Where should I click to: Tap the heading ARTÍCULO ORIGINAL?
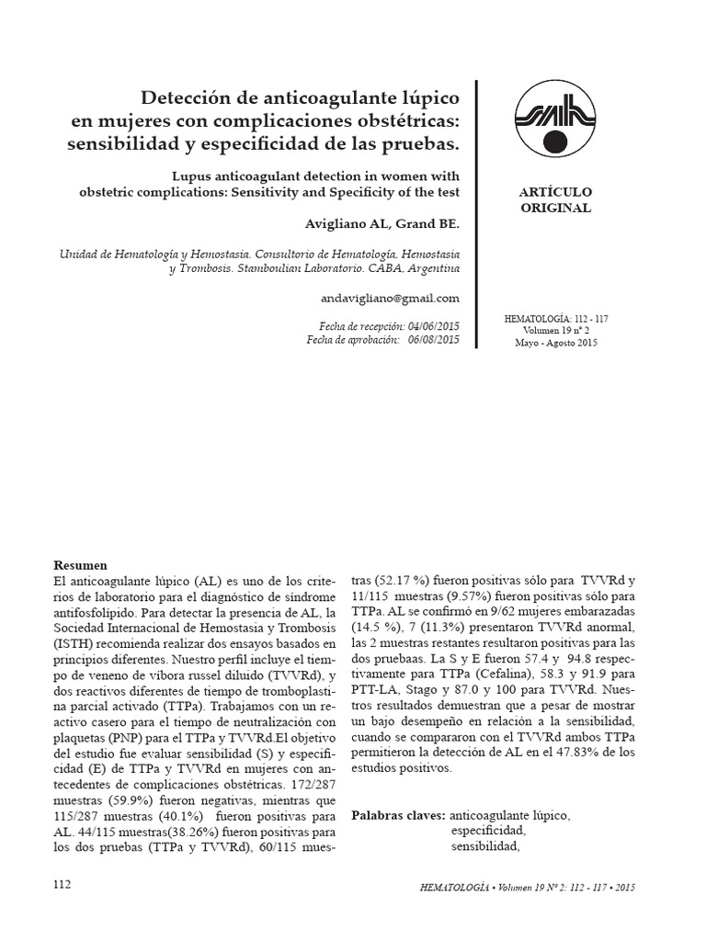[554, 200]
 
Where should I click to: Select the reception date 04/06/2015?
[431, 326]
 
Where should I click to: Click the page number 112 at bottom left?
[62, 884]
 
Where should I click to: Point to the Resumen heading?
[81, 566]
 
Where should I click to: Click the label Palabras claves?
[398, 816]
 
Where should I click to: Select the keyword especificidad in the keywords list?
[487, 831]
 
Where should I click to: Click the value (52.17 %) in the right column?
[401, 582]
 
